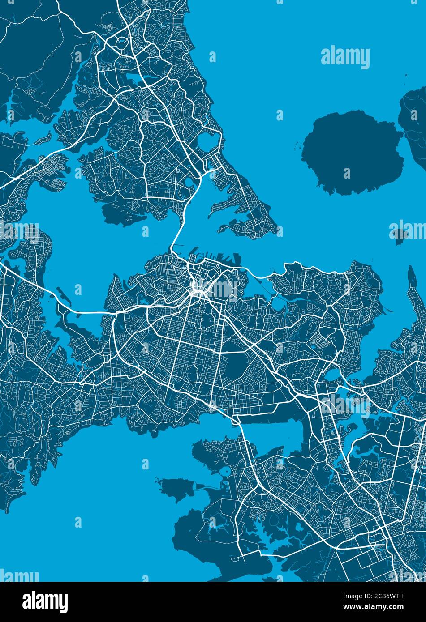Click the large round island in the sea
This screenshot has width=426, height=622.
[352, 152]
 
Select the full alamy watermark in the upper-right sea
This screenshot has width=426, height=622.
[345, 58]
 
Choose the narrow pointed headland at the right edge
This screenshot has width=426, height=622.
[411, 280]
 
